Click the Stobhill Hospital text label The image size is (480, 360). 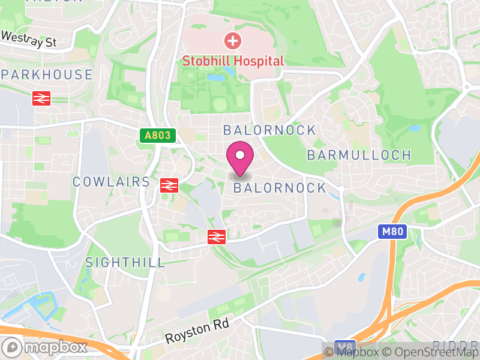tap(232, 61)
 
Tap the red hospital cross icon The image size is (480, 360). tap(232, 41)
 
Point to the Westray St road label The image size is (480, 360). tap(28, 40)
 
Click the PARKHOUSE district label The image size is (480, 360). tap(47, 75)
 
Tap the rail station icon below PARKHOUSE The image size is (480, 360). tap(41, 98)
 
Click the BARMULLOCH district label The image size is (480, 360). tap(359, 155)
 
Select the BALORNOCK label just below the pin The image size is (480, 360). tap(280, 188)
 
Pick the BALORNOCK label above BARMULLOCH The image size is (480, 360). tap(269, 130)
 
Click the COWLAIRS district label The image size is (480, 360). tap(111, 182)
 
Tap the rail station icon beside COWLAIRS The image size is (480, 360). tap(169, 185)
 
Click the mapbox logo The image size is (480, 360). tap(45, 347)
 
